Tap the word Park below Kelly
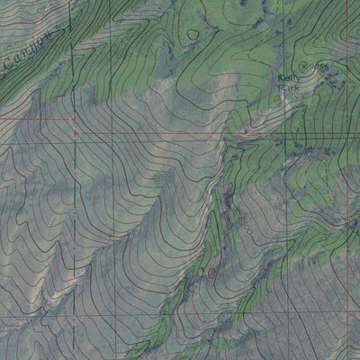289,88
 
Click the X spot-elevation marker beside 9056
304,66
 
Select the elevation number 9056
318,67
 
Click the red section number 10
209,272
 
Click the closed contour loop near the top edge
193,33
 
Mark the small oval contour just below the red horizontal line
236,156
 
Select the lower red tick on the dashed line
74,133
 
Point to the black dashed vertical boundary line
74,225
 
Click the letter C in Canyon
8,64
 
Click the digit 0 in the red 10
213,272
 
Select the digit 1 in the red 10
203,272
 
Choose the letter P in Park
282,88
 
